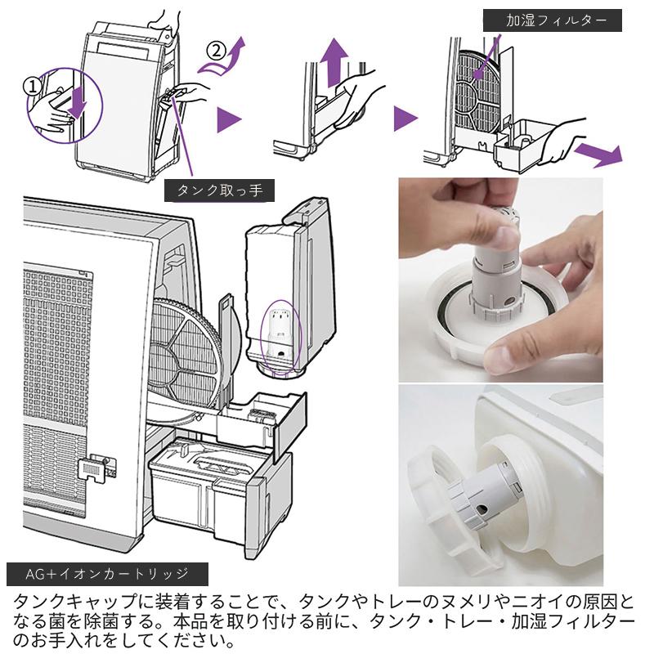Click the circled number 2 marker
pyautogui.click(x=216, y=50)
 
